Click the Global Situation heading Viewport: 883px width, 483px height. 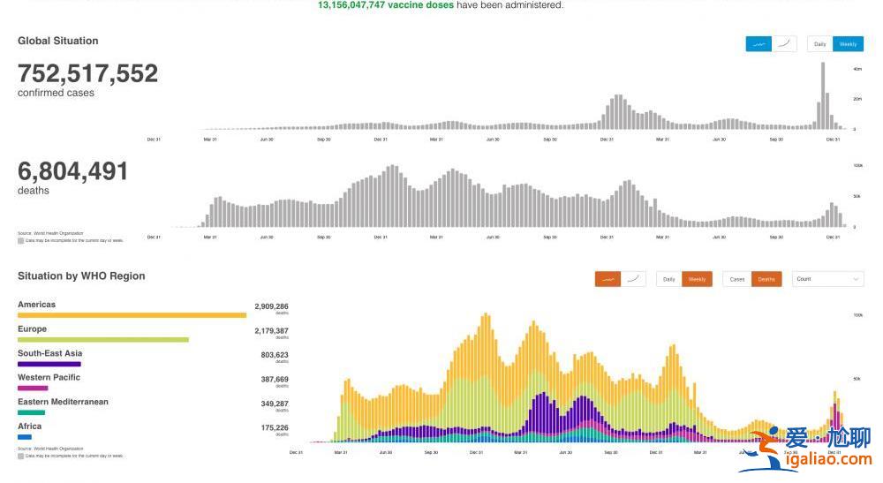coord(58,41)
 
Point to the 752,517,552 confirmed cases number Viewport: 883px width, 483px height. coord(87,73)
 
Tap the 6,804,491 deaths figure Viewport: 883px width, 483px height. coord(72,170)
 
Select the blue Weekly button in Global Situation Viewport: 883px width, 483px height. coord(848,44)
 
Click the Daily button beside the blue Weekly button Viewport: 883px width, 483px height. coord(820,44)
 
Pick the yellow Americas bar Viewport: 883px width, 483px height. coord(132,314)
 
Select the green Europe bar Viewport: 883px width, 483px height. coord(103,339)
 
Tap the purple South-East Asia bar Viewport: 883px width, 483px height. coord(49,363)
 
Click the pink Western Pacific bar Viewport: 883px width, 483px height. coord(33,388)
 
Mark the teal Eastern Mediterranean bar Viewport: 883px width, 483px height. coord(31,411)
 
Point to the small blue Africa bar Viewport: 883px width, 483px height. coord(25,436)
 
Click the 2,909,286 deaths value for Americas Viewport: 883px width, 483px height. coord(271,306)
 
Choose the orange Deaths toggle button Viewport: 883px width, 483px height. coord(766,279)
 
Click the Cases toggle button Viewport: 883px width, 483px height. coord(737,279)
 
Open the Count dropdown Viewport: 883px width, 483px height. coord(827,279)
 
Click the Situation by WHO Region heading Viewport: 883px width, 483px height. coord(81,276)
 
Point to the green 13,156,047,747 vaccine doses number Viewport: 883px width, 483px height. coord(386,5)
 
